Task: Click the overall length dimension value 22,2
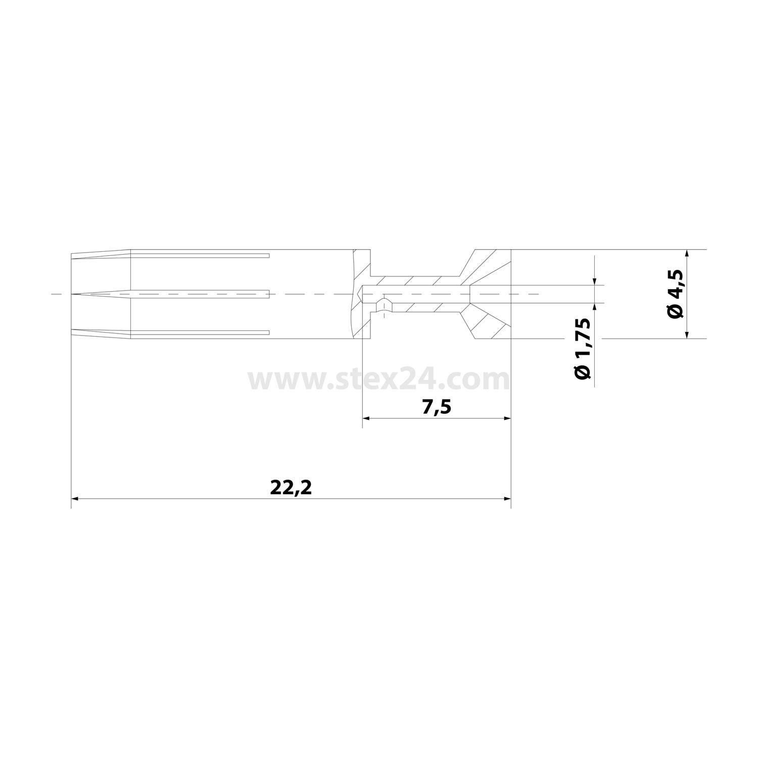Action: click(291, 488)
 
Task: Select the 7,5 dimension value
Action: click(436, 407)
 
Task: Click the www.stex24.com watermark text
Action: click(378, 380)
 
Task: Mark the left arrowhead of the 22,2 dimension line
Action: click(75, 499)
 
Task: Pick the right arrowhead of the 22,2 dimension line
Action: click(508, 499)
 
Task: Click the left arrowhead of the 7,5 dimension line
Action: click(366, 418)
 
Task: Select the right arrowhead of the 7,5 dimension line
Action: click(508, 418)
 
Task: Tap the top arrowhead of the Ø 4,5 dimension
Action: click(687, 254)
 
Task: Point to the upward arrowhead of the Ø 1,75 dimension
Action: click(595, 307)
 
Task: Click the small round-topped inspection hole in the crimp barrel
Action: click(385, 306)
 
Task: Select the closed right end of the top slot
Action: click(268, 255)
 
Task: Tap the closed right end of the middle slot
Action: click(268, 294)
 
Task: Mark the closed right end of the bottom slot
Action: click(268, 333)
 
